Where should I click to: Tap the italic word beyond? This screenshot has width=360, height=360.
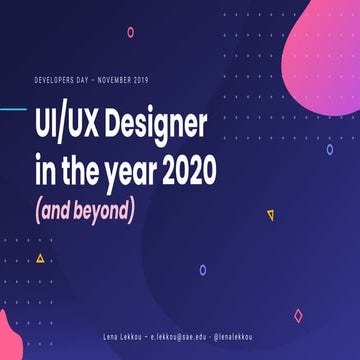(116, 211)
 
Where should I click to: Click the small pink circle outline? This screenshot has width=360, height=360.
(130, 32)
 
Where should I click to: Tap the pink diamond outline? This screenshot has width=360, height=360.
(298, 316)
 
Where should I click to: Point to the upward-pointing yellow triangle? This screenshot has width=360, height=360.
(40, 258)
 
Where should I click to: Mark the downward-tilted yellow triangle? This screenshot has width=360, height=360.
(270, 214)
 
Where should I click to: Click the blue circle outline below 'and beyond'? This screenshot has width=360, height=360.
(203, 270)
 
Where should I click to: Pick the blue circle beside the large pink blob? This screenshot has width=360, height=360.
(330, 150)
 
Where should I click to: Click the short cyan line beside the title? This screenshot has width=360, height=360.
(13, 109)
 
